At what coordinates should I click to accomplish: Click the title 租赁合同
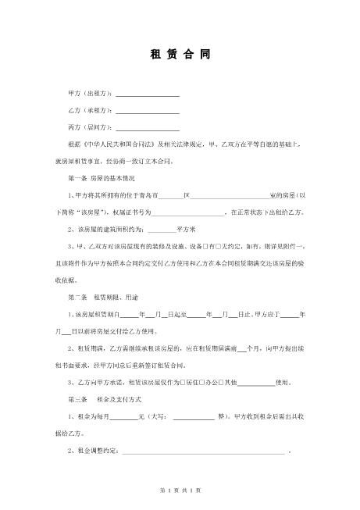point(179,55)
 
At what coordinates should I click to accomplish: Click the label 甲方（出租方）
point(91,94)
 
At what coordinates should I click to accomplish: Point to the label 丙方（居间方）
point(91,127)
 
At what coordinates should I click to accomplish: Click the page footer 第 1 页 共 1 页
point(180,490)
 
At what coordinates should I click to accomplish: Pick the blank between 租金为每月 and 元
point(124,417)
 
